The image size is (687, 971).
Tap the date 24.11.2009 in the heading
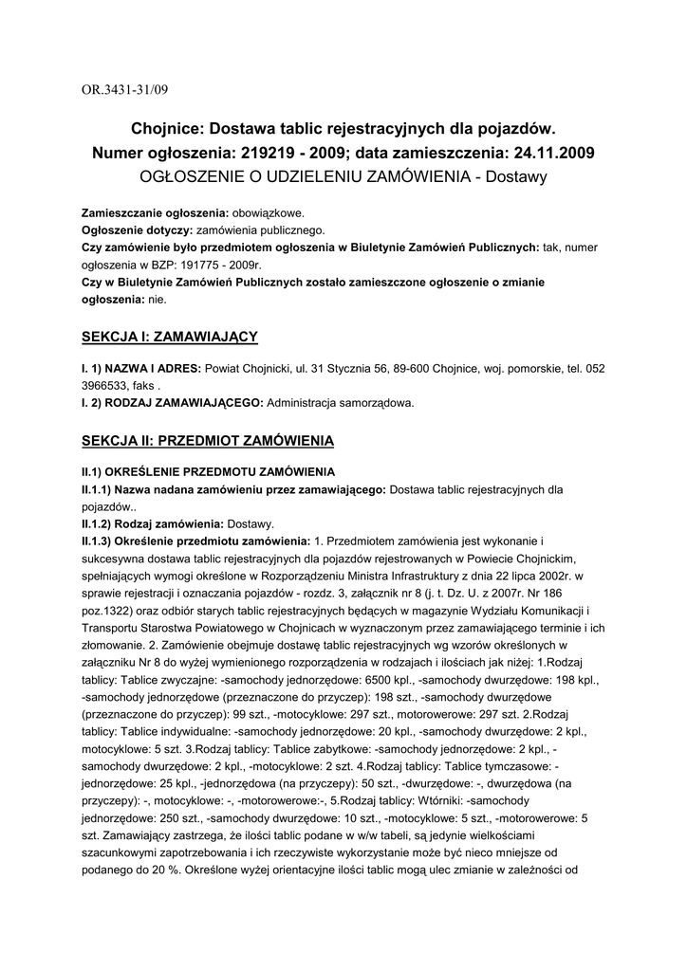point(546,152)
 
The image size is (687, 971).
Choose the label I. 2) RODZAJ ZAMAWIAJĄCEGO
point(171,403)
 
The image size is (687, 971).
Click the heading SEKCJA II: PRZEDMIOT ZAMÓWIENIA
point(207,441)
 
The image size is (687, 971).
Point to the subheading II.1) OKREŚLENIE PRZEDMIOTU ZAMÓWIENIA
point(208,472)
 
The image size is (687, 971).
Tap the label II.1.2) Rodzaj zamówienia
point(151,523)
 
